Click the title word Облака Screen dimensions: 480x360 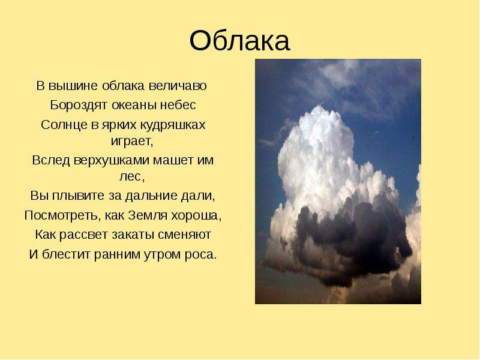pos(239,41)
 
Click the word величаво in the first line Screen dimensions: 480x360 pos(178,85)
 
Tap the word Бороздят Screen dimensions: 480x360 pos(79,105)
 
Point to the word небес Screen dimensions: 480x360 pos(178,105)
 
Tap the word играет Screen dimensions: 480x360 pos(131,141)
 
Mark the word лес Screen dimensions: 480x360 pos(131,176)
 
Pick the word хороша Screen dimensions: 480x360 pos(196,215)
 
